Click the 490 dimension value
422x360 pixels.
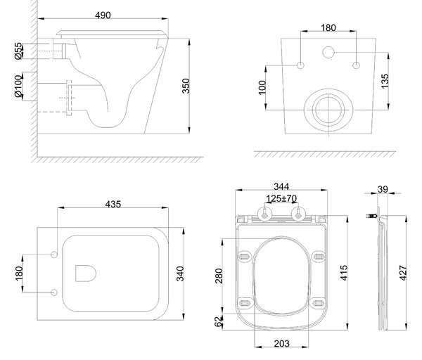(103, 15)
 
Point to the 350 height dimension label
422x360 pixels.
(186, 86)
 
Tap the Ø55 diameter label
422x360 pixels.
(18, 51)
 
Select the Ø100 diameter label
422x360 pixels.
(18, 86)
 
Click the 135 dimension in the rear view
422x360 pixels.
(385, 81)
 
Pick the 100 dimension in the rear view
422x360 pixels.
(262, 87)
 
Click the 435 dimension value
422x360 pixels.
(113, 204)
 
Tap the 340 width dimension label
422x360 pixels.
(180, 274)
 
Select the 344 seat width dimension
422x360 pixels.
(281, 186)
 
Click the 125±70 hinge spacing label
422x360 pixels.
(281, 198)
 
